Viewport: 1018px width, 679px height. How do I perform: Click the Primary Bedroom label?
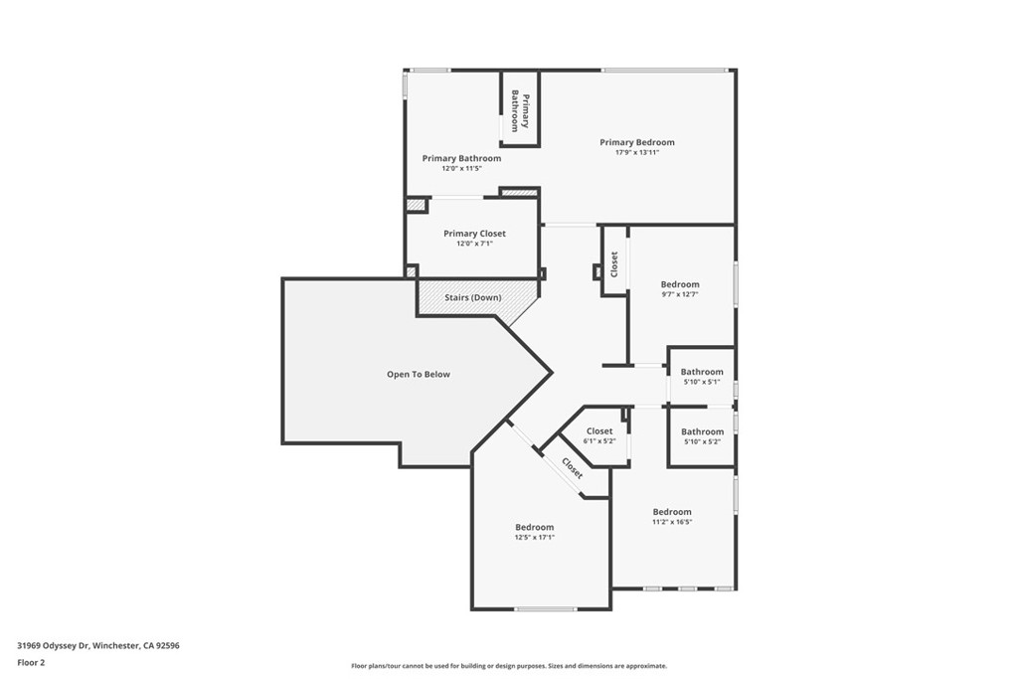[x=636, y=142]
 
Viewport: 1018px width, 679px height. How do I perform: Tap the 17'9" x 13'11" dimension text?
[x=636, y=153]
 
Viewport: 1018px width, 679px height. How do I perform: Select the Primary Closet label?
[x=474, y=234]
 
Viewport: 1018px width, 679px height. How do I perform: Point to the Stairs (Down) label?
[x=472, y=297]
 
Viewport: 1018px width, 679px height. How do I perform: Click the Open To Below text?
[x=418, y=375]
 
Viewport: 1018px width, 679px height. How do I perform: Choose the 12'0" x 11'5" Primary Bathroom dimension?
[x=461, y=169]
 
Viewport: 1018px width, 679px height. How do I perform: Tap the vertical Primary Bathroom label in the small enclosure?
[x=520, y=111]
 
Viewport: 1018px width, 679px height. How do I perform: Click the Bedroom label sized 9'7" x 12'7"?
[x=680, y=284]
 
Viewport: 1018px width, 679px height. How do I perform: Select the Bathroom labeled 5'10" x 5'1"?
[x=702, y=372]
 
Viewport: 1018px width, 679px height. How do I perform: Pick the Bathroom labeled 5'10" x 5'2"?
[x=702, y=431]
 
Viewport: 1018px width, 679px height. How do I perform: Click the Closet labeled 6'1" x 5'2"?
[x=599, y=430]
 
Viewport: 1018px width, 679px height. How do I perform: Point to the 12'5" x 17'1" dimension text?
[x=534, y=538]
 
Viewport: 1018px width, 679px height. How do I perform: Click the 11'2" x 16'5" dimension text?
[x=671, y=522]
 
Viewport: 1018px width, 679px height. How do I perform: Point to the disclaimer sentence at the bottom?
[x=508, y=666]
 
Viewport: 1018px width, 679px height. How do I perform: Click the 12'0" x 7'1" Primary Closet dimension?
[x=474, y=245]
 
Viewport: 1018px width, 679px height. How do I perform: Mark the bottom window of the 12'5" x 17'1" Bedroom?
[x=545, y=608]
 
